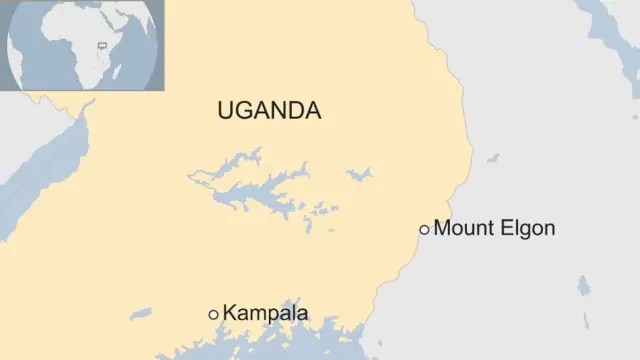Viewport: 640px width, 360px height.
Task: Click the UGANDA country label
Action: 269,111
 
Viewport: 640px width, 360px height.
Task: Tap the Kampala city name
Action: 265,314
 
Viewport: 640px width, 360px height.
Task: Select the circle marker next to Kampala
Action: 213,315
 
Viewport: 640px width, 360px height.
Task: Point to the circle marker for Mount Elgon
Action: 424,230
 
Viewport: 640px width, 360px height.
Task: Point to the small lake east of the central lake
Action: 358,174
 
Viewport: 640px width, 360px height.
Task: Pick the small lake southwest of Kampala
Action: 140,314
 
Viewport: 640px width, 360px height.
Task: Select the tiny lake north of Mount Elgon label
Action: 493,158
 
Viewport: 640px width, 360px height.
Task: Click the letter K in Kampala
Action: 230,314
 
